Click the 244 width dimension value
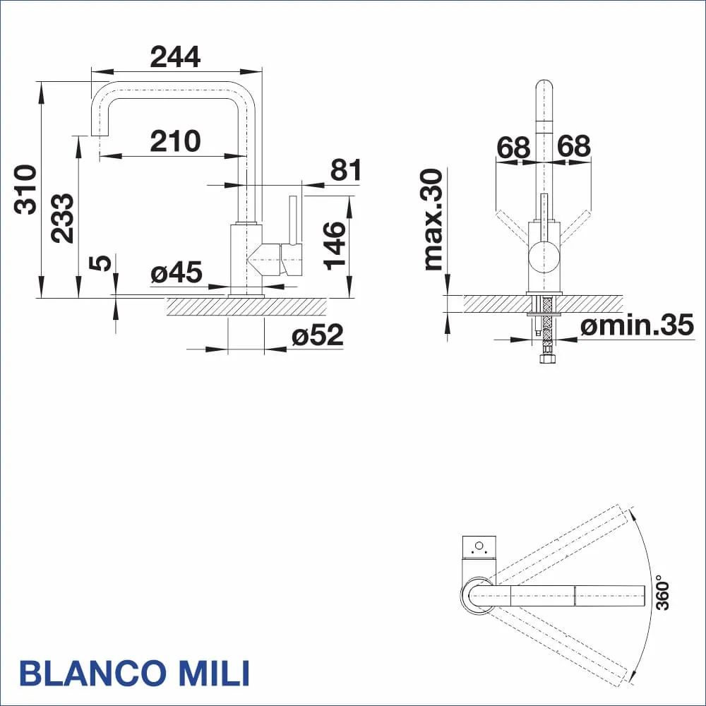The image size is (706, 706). [x=175, y=56]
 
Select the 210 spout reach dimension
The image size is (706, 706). [x=175, y=141]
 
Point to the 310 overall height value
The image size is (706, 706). [x=26, y=189]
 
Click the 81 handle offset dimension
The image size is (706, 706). [x=346, y=170]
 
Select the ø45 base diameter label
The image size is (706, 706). [x=176, y=273]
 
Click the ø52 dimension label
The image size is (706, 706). [x=318, y=335]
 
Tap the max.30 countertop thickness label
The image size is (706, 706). [x=433, y=220]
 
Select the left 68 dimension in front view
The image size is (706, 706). [x=513, y=147]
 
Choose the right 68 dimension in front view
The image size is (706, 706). [x=573, y=147]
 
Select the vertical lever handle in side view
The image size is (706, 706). [x=291, y=219]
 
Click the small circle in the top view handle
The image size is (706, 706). [x=479, y=546]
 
